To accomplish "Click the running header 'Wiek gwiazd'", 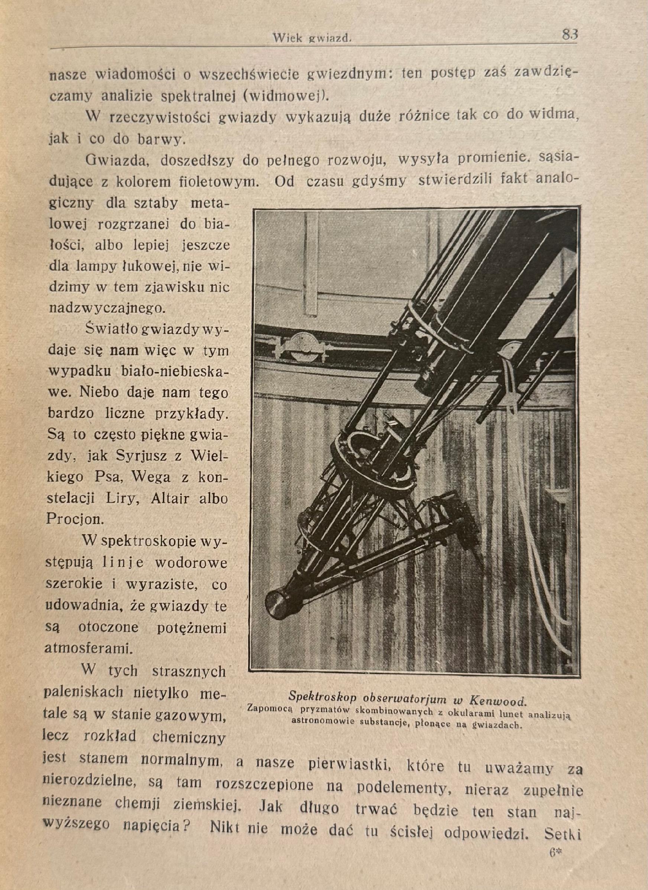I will click(313, 38).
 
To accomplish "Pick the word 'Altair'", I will click(164, 498).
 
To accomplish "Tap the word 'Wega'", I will click(151, 477).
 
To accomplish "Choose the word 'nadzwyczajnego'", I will click(106, 308).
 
